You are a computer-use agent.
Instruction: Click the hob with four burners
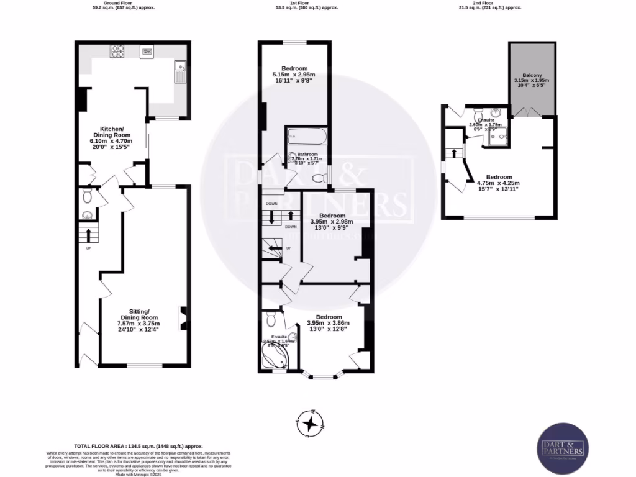tap(117, 51)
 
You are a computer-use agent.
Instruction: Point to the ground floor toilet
tap(88, 197)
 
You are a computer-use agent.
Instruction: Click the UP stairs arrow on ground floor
tap(88, 235)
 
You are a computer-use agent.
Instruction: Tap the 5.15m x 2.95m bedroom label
tap(294, 74)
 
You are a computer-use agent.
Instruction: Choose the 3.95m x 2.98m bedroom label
tap(331, 221)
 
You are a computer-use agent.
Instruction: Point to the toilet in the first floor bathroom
tap(319, 179)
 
